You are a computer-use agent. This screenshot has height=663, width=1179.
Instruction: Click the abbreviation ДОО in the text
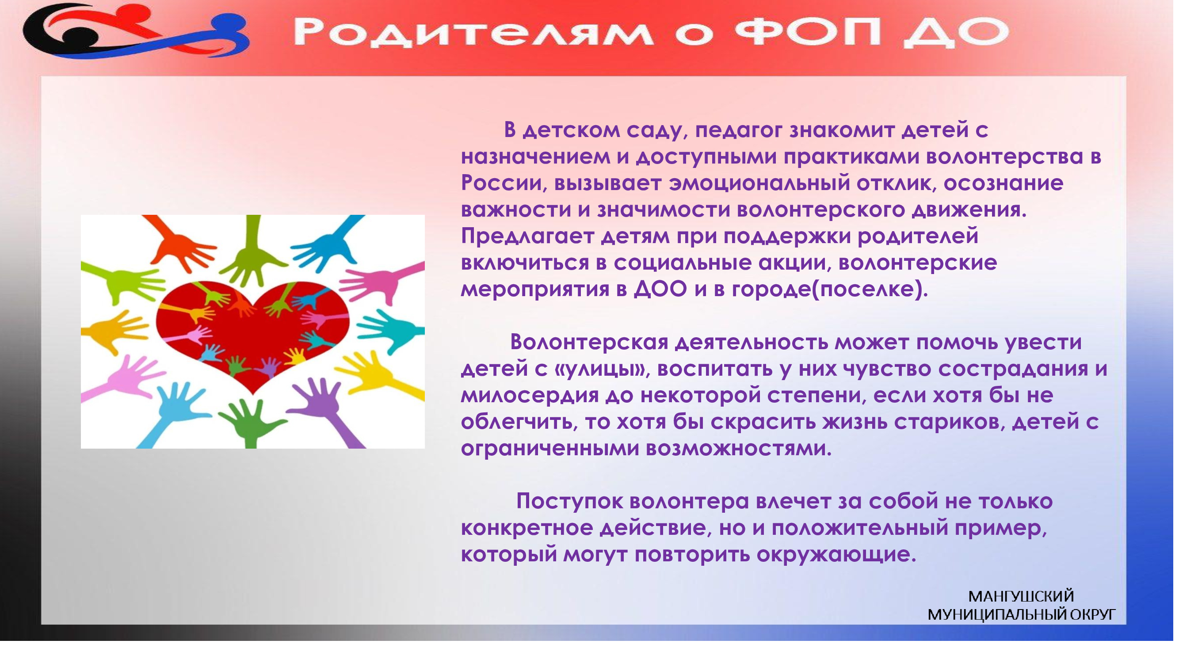pos(660,289)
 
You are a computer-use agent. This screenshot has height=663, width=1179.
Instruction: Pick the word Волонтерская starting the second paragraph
pos(589,342)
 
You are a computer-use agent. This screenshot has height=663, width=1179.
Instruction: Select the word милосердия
pos(530,395)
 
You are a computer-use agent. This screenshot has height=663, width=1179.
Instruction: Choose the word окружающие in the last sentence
pos(837,555)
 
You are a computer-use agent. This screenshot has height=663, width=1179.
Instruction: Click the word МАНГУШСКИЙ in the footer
pos(1021,596)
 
